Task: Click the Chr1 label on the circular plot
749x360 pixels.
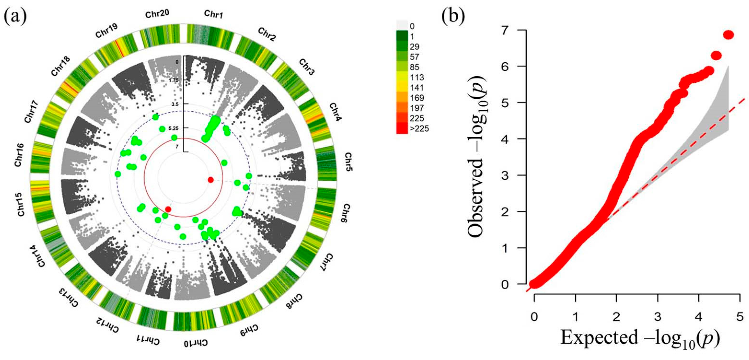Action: (x=213, y=14)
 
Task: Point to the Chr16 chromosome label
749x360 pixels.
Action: (x=20, y=155)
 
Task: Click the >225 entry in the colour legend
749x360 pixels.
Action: (x=419, y=129)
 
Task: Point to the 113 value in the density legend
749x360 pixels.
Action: (x=417, y=77)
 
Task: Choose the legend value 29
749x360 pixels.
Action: (x=414, y=46)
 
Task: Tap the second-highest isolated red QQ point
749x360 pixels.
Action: (x=716, y=56)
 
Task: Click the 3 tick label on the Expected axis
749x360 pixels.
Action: (x=658, y=317)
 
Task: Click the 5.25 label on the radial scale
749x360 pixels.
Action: (x=174, y=128)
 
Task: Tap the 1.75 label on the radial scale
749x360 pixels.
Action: (x=174, y=80)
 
